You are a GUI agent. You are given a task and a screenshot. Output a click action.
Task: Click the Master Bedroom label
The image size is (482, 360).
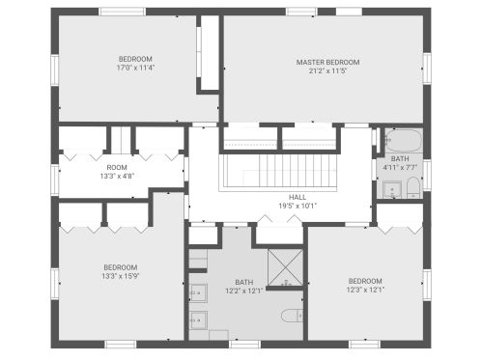(x=327, y=62)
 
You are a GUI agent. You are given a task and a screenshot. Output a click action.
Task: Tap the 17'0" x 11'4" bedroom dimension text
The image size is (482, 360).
(x=135, y=68)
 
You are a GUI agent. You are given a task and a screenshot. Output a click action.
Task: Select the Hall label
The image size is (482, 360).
(x=298, y=197)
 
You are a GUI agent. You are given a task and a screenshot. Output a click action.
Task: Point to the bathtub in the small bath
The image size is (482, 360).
(x=404, y=140)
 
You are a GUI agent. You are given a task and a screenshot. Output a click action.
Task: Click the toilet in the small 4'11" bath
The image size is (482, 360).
(x=413, y=187)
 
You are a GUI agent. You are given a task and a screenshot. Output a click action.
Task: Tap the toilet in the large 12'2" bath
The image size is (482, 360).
(x=292, y=316)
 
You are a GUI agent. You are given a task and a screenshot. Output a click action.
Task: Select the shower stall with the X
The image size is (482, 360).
(x=286, y=267)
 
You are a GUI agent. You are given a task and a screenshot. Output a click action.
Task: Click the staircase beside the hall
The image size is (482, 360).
(x=278, y=172)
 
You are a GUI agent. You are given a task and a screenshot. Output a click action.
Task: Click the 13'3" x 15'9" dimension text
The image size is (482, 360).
(x=121, y=276)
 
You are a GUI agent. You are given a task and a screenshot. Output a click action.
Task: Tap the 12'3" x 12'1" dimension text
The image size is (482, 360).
(x=365, y=290)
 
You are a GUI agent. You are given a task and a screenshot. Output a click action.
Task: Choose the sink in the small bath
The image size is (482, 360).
(x=392, y=190)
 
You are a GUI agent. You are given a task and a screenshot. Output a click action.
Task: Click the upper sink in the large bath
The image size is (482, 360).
(x=198, y=293)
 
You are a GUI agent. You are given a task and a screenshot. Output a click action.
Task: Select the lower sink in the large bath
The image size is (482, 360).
(x=198, y=320)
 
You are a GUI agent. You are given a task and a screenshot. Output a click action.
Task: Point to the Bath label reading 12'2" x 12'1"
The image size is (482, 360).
(x=244, y=287)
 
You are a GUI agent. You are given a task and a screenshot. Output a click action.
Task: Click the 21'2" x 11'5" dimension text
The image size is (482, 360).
(x=327, y=70)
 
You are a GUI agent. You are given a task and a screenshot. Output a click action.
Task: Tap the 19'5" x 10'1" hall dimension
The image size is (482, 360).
(x=298, y=206)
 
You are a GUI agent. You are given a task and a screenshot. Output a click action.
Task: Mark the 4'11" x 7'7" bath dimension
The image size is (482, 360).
(x=400, y=167)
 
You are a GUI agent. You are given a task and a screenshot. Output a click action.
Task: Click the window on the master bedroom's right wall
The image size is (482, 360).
(x=427, y=69)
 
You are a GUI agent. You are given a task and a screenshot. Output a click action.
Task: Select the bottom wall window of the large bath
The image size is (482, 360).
(x=244, y=345)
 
